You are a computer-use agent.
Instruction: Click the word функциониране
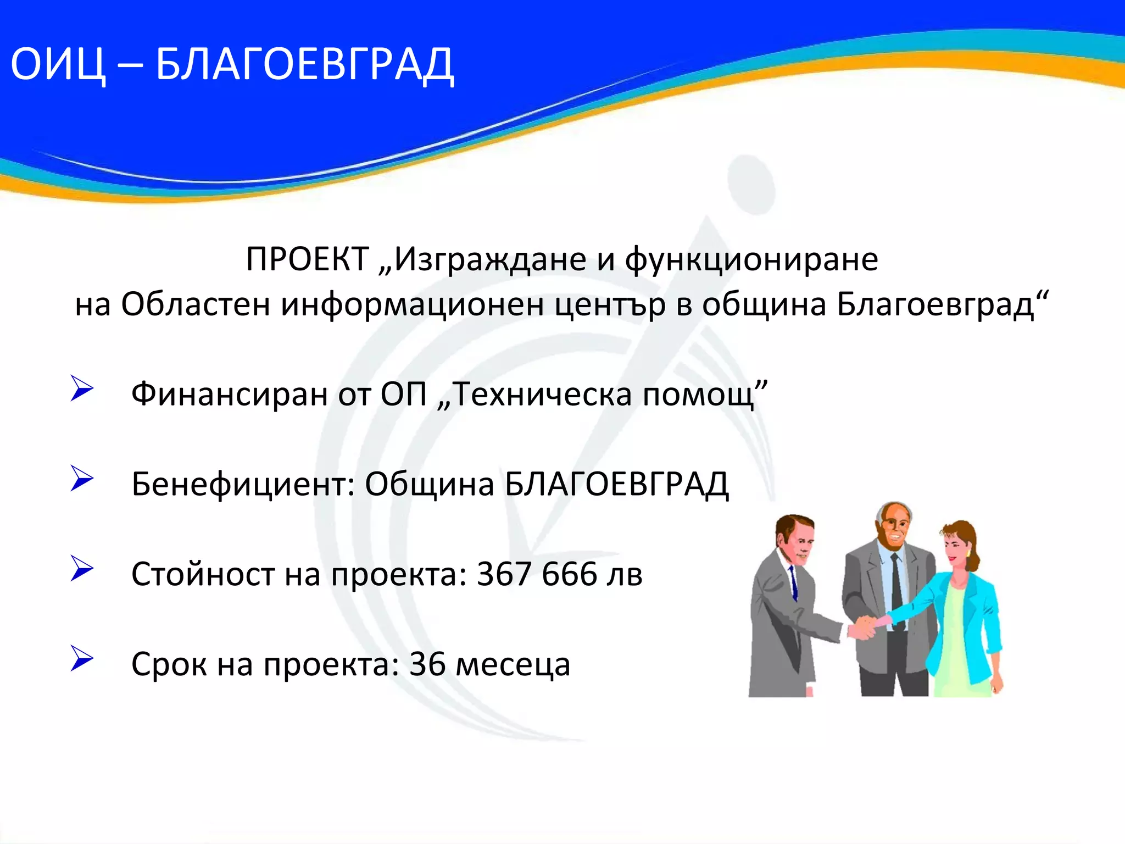point(751,259)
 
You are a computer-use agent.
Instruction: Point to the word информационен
point(412,304)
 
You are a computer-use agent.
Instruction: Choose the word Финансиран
point(230,394)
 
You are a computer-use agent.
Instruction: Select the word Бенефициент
point(242,484)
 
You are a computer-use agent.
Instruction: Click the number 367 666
point(537,574)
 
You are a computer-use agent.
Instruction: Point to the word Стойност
point(202,574)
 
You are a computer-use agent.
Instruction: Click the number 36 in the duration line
point(427,664)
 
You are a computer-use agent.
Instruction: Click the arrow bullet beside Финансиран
point(82,388)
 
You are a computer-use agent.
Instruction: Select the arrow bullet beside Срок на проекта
point(82,659)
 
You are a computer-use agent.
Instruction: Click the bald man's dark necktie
point(896,582)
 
